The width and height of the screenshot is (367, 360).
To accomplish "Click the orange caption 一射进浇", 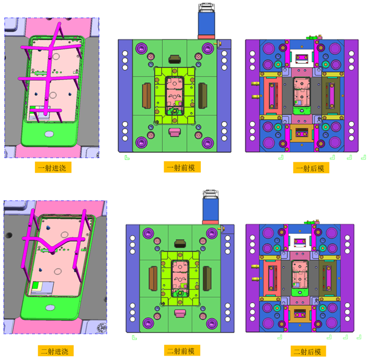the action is tap(53, 167).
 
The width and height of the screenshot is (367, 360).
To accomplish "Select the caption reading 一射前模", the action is tap(182, 167).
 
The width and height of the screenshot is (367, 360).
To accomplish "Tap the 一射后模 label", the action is tap(311, 168).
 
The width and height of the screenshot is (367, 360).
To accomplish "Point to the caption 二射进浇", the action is tap(56, 351).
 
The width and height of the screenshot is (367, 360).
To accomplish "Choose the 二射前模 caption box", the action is tap(182, 351).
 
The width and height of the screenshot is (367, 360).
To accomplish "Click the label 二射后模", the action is tap(308, 351).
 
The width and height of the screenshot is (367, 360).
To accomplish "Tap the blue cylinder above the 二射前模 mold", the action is tap(211, 209).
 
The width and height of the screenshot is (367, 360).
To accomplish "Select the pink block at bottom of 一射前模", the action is tap(175, 132).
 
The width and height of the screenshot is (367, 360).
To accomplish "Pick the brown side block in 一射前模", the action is tap(147, 96).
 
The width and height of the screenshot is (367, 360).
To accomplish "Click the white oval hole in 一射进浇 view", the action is tap(49, 134).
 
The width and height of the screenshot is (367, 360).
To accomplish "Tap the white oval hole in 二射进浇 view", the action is tap(50, 307).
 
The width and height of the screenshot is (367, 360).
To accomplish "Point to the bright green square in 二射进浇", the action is tap(36, 286).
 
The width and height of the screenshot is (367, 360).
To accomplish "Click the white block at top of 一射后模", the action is tap(302, 58).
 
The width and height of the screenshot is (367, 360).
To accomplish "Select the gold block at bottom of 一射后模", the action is tap(302, 133).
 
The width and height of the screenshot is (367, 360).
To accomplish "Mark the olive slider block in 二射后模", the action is tap(328, 278).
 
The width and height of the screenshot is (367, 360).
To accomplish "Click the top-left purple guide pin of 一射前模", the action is tap(141, 48).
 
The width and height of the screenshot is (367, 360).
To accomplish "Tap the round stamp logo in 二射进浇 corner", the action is tap(102, 327).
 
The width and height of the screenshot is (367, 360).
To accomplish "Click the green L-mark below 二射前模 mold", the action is tap(134, 338).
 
